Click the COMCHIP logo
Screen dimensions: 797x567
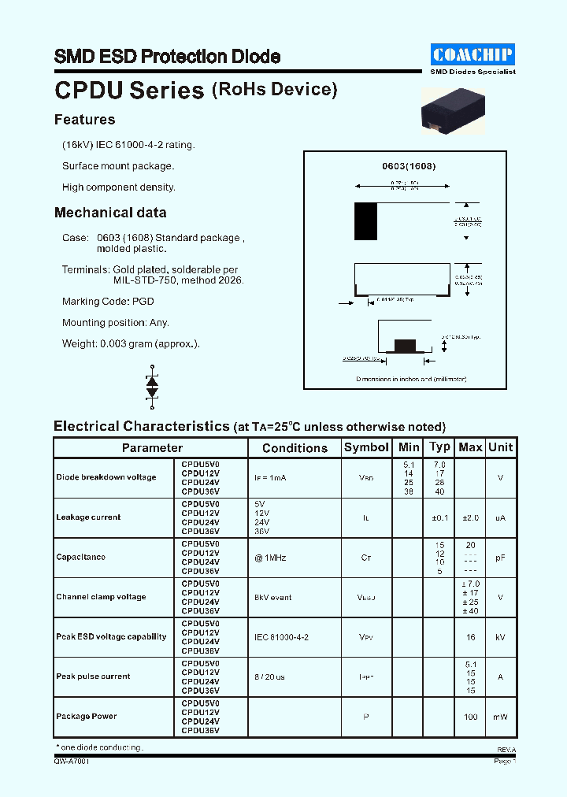click(x=472, y=54)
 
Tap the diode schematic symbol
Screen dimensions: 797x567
click(x=152, y=387)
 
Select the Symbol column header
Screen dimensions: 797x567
click(x=366, y=447)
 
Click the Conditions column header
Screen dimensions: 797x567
click(x=295, y=448)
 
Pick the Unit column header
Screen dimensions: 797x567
click(x=500, y=447)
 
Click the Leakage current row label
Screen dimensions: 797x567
click(x=88, y=517)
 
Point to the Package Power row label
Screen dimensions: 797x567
click(x=86, y=716)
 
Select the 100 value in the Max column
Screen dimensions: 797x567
click(x=470, y=716)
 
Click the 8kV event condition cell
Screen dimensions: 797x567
click(x=272, y=597)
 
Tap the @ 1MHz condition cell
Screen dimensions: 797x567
click(x=270, y=558)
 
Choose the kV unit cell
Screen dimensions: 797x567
click(x=500, y=637)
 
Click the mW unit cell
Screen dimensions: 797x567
click(x=500, y=716)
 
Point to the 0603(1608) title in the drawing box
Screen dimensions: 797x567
click(x=409, y=166)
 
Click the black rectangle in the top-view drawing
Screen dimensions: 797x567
click(x=366, y=221)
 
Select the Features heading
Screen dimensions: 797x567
click(x=84, y=120)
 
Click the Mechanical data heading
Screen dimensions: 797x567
click(x=110, y=213)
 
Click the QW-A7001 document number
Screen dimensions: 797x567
click(x=72, y=762)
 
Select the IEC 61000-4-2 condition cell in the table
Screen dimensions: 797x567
click(x=281, y=636)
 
